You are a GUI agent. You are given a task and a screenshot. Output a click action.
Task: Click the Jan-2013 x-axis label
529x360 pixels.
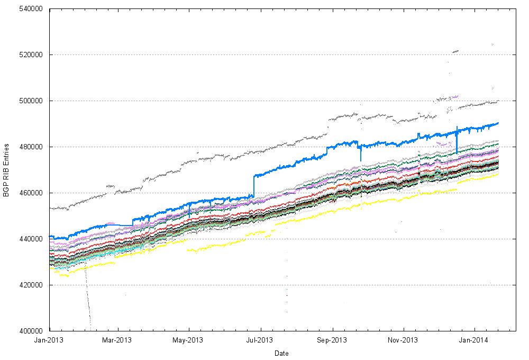pyautogui.click(x=50, y=340)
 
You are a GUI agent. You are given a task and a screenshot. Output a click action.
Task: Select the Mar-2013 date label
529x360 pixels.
pyautogui.click(x=116, y=340)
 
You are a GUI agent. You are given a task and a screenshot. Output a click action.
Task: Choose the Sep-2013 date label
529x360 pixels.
pyautogui.click(x=332, y=340)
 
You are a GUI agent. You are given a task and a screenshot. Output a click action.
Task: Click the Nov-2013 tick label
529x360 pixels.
pyautogui.click(x=403, y=340)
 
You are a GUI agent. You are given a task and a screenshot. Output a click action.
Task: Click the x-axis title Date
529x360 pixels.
pyautogui.click(x=281, y=353)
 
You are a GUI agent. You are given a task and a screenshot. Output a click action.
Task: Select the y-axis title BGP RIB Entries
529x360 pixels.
pyautogui.click(x=7, y=170)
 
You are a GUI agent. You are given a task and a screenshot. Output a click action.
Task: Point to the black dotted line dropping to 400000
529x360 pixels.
pyautogui.click(x=88, y=307)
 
